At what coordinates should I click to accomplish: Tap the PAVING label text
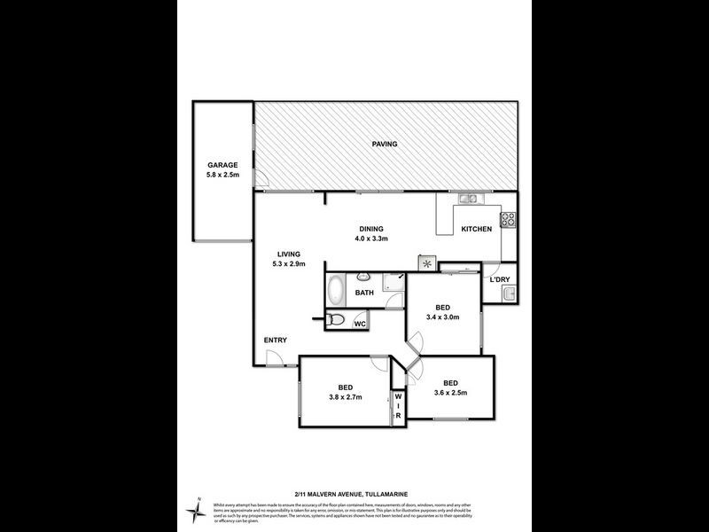[384, 144]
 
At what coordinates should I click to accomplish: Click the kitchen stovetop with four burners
[509, 218]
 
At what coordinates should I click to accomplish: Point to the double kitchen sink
[468, 199]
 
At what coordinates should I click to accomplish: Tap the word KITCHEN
[476, 229]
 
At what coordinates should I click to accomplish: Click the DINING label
[371, 228]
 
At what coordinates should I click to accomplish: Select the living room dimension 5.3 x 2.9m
[289, 262]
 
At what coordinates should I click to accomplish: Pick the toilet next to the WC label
[336, 321]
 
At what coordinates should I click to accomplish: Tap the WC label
[360, 325]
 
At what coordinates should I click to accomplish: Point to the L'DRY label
[500, 280]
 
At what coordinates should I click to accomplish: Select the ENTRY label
[274, 340]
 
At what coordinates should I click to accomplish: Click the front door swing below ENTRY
[277, 358]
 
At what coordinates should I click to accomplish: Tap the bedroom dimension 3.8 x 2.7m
[346, 397]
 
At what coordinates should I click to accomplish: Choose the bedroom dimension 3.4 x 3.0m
[442, 317]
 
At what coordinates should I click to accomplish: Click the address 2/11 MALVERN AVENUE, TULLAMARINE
[354, 493]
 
